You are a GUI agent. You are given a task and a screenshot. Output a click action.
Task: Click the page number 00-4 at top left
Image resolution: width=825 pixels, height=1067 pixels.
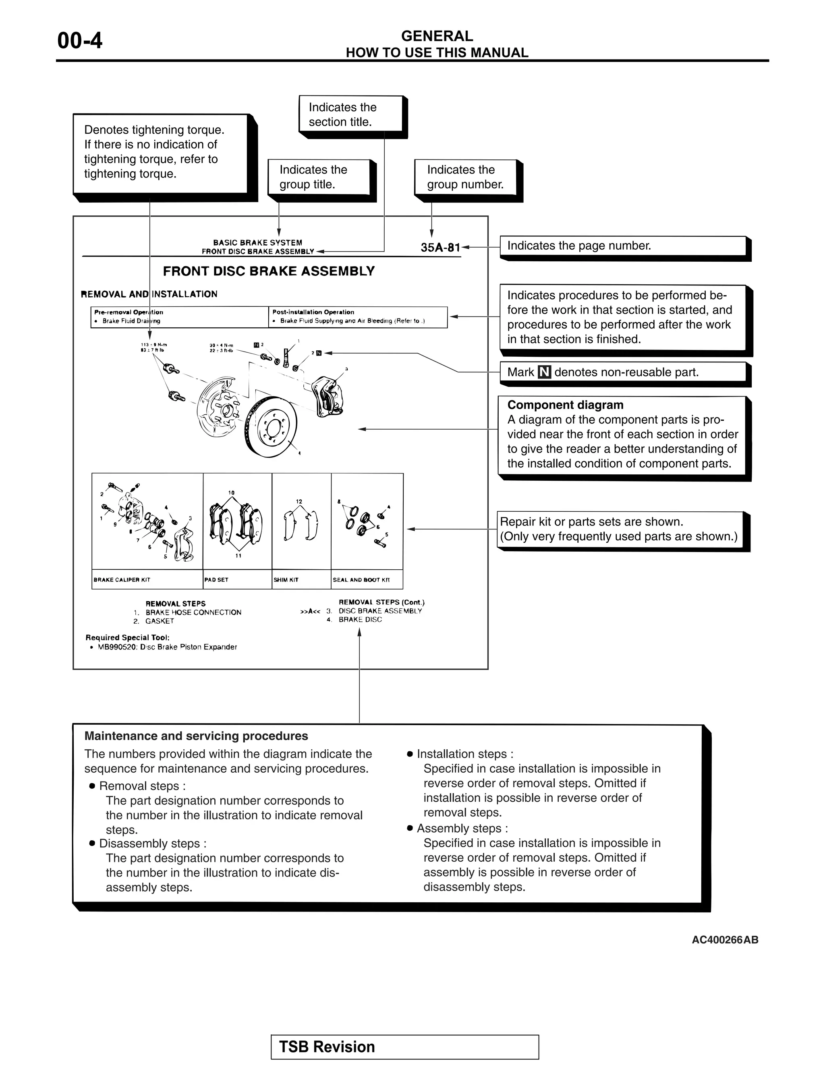(x=80, y=41)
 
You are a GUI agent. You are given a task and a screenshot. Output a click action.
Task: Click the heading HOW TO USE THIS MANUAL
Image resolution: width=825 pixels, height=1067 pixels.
(x=437, y=53)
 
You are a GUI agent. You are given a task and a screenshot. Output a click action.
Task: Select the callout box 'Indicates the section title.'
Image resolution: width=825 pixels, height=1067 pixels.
(x=351, y=115)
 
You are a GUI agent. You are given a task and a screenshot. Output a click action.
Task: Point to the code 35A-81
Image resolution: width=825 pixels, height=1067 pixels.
(x=440, y=248)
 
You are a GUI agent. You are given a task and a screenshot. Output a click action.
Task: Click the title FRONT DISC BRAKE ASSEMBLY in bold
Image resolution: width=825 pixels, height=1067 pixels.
(x=268, y=271)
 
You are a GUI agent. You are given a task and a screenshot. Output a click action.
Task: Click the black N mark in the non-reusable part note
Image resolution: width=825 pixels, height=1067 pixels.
(x=544, y=372)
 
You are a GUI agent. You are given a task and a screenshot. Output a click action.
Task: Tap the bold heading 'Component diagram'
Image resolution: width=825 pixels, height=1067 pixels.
(x=565, y=405)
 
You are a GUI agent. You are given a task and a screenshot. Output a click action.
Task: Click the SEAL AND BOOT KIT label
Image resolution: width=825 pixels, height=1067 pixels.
(x=361, y=580)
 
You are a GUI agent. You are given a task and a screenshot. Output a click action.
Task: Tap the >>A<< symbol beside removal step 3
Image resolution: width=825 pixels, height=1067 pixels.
(x=310, y=611)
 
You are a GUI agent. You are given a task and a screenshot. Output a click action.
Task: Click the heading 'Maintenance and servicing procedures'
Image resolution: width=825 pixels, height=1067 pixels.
(x=196, y=736)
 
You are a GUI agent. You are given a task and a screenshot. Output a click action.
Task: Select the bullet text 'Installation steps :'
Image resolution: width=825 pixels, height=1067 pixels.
(x=464, y=754)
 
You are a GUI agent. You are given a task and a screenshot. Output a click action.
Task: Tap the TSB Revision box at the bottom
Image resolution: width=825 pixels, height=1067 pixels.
(x=405, y=1047)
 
